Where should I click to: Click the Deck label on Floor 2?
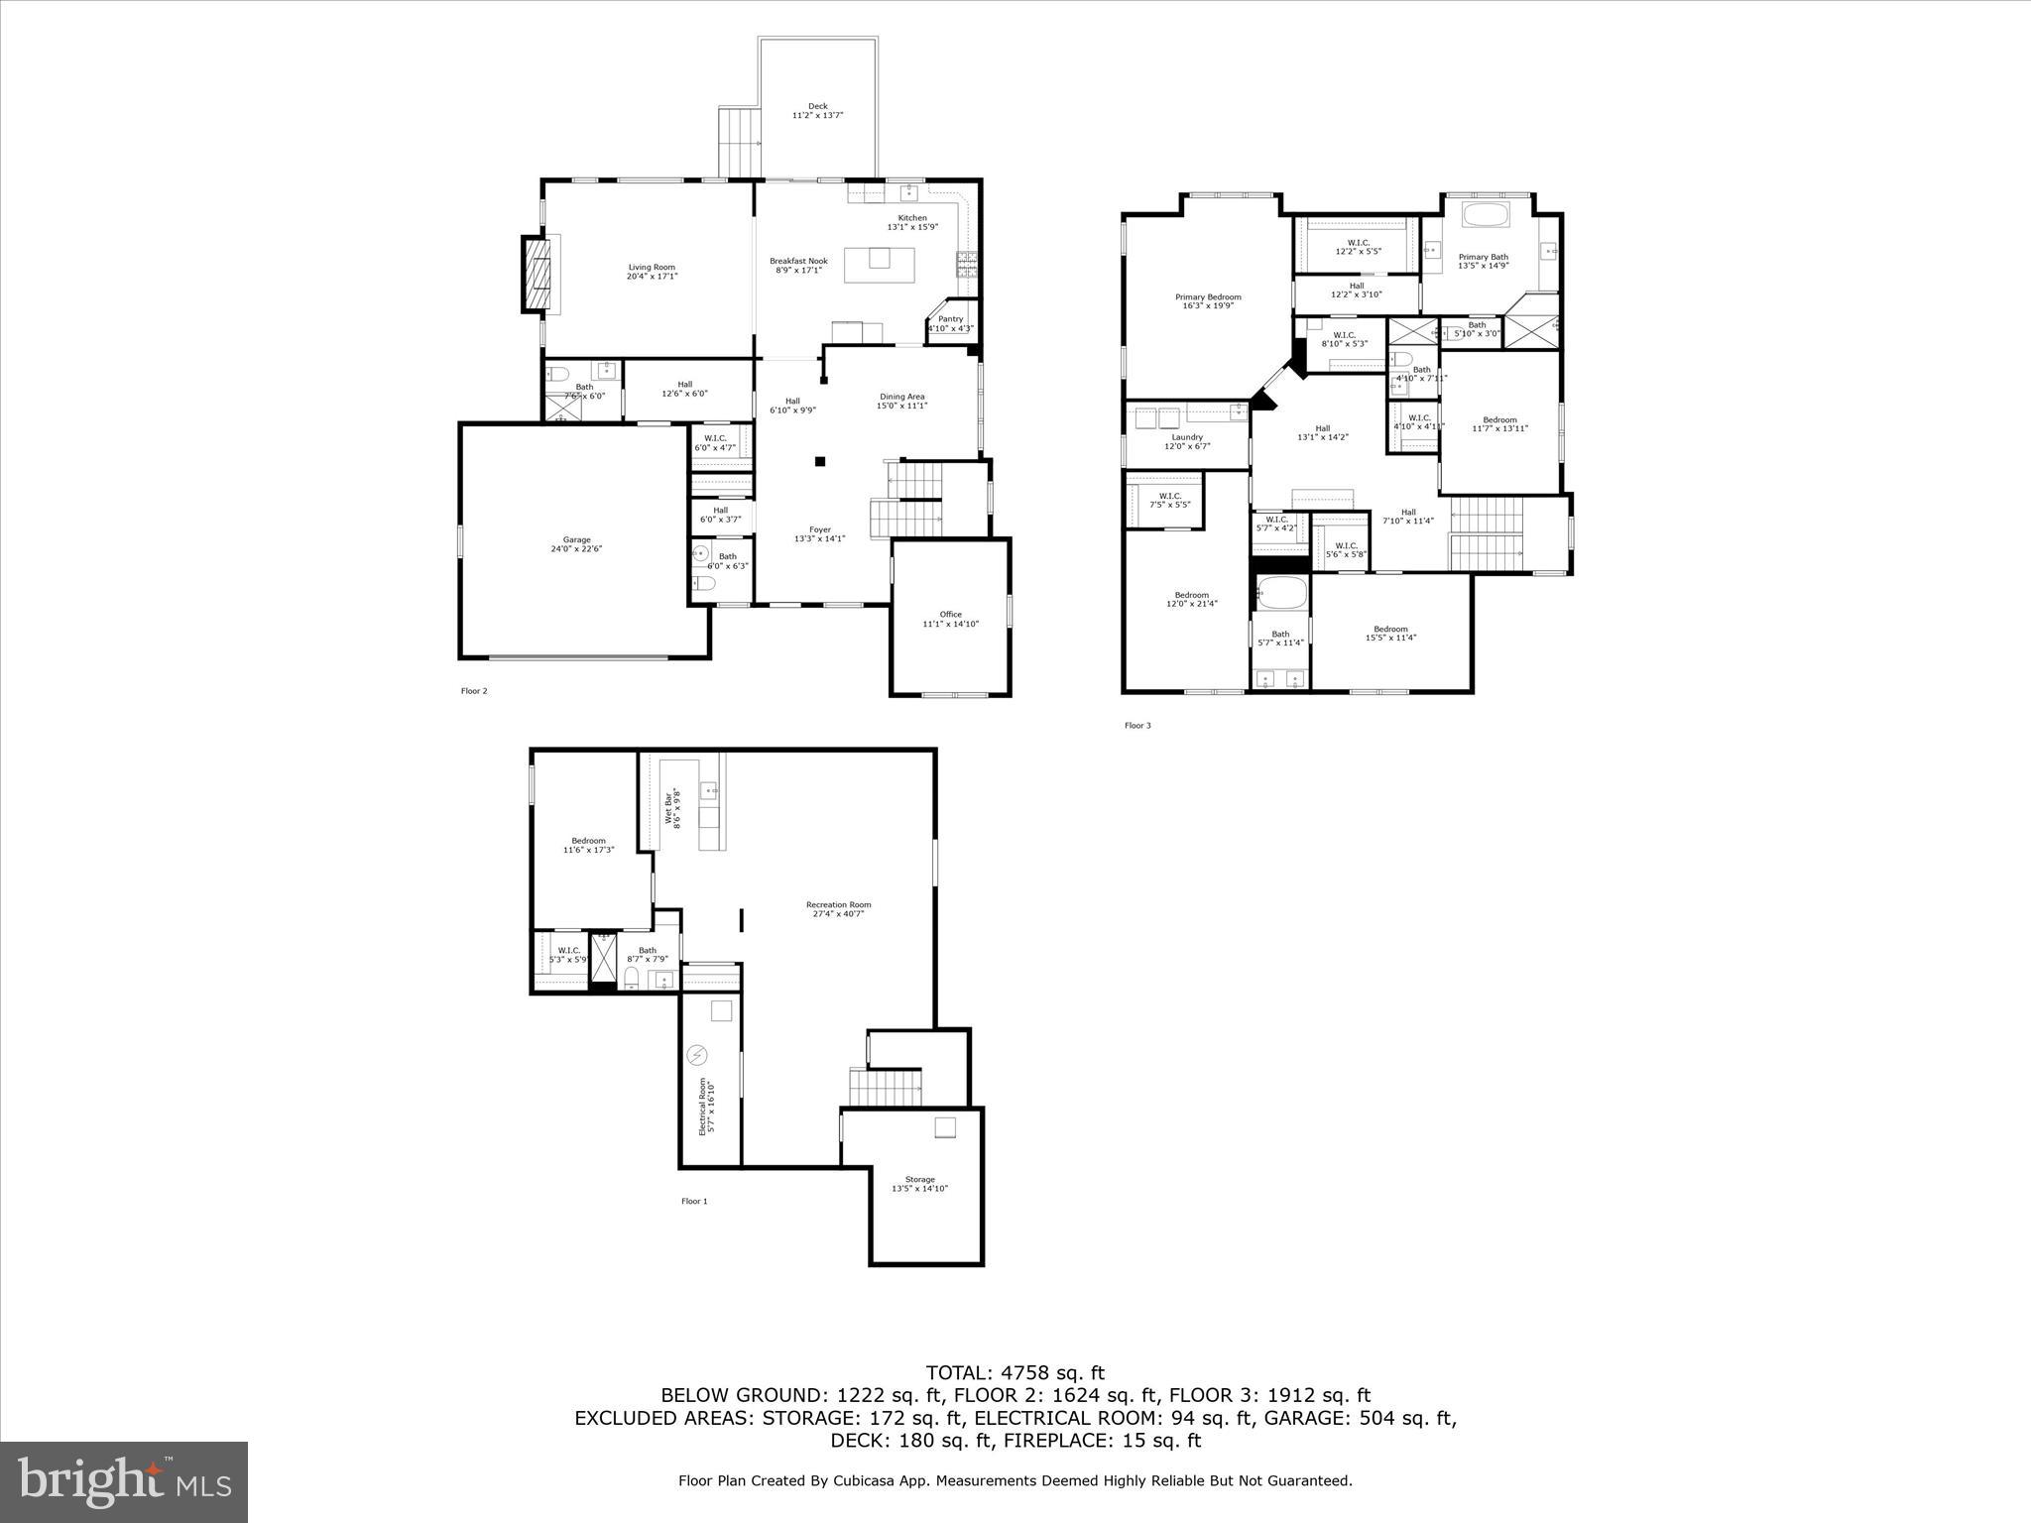817,106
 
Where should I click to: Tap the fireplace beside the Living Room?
537,274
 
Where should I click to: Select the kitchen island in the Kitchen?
880,265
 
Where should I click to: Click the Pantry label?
950,319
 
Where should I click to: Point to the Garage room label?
576,539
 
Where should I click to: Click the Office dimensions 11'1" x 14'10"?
950,624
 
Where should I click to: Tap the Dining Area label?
901,397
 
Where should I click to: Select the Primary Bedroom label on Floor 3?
1208,296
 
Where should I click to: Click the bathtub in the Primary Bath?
1485,217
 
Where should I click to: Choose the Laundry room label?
1186,437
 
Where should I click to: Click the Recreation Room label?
838,904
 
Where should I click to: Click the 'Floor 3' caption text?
1136,726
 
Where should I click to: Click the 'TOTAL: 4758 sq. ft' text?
1015,1373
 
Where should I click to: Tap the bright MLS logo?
124,1481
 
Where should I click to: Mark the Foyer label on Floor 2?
819,529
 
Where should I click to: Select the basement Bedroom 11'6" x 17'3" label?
588,841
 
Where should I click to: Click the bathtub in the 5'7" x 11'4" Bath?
1279,594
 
